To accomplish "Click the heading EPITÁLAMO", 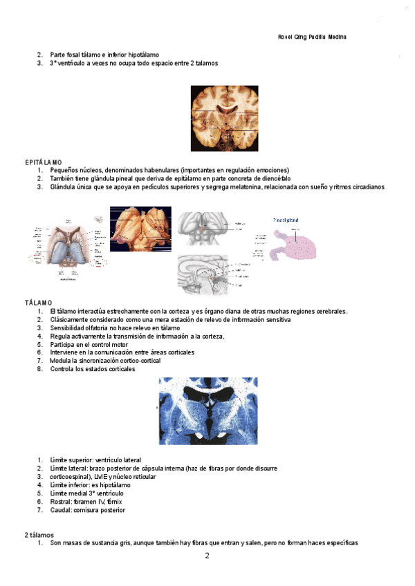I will coord(43,162).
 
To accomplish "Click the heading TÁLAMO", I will coord(38,303).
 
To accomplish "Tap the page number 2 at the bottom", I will coord(207,556).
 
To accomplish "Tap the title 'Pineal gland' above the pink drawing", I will coord(286,220).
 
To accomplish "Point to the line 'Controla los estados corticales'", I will coord(93,369).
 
